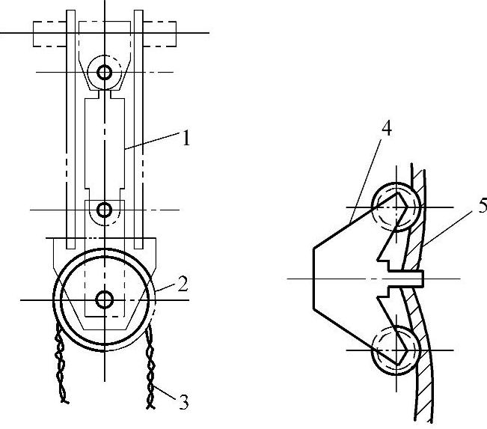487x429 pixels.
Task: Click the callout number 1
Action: pyautogui.click(x=186, y=138)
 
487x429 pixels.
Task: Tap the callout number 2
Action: pyautogui.click(x=183, y=284)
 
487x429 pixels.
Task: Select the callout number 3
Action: pyautogui.click(x=183, y=402)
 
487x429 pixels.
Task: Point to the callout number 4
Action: pyautogui.click(x=386, y=128)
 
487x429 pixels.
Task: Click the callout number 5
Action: pyautogui.click(x=483, y=206)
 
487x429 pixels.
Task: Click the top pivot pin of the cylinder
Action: pyautogui.click(x=105, y=73)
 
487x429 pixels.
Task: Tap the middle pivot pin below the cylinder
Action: pyautogui.click(x=105, y=210)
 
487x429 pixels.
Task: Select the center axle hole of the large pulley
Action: pyautogui.click(x=105, y=300)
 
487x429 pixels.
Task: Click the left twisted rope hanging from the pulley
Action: pyautogui.click(x=61, y=364)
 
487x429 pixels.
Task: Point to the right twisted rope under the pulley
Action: pyautogui.click(x=150, y=367)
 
